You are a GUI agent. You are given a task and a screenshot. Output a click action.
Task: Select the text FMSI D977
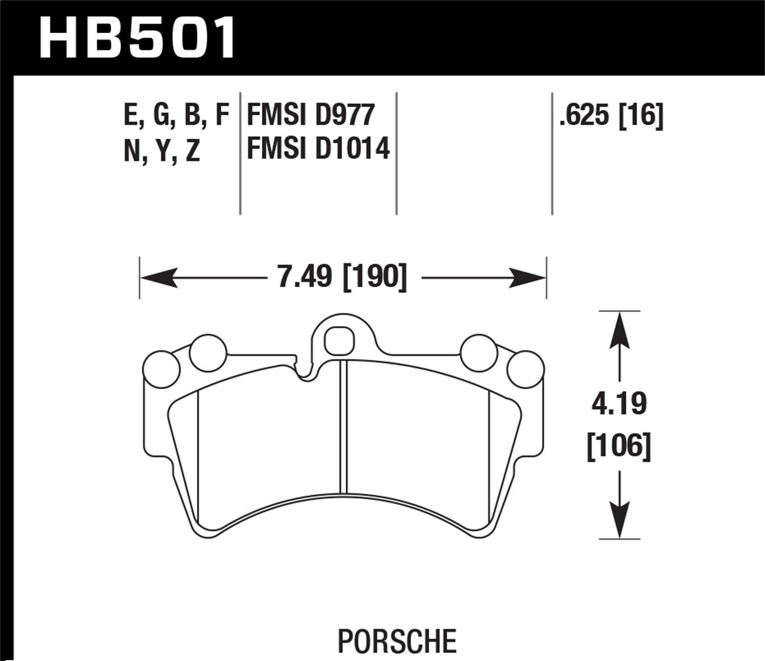311,115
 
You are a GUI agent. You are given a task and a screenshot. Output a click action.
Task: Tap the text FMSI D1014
318,148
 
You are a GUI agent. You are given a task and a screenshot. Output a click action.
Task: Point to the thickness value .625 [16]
611,115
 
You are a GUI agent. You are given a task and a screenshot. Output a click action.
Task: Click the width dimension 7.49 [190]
342,277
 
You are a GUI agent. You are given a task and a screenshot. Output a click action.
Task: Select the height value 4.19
619,404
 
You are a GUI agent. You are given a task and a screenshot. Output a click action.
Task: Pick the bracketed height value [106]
619,446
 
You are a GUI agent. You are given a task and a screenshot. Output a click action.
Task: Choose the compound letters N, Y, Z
162,150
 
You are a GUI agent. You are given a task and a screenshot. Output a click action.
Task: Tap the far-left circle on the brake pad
161,369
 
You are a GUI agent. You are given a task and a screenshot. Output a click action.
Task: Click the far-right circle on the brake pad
526,369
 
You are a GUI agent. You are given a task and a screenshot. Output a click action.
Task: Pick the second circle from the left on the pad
208,353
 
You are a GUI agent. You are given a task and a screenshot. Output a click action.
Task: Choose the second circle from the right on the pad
478,353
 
